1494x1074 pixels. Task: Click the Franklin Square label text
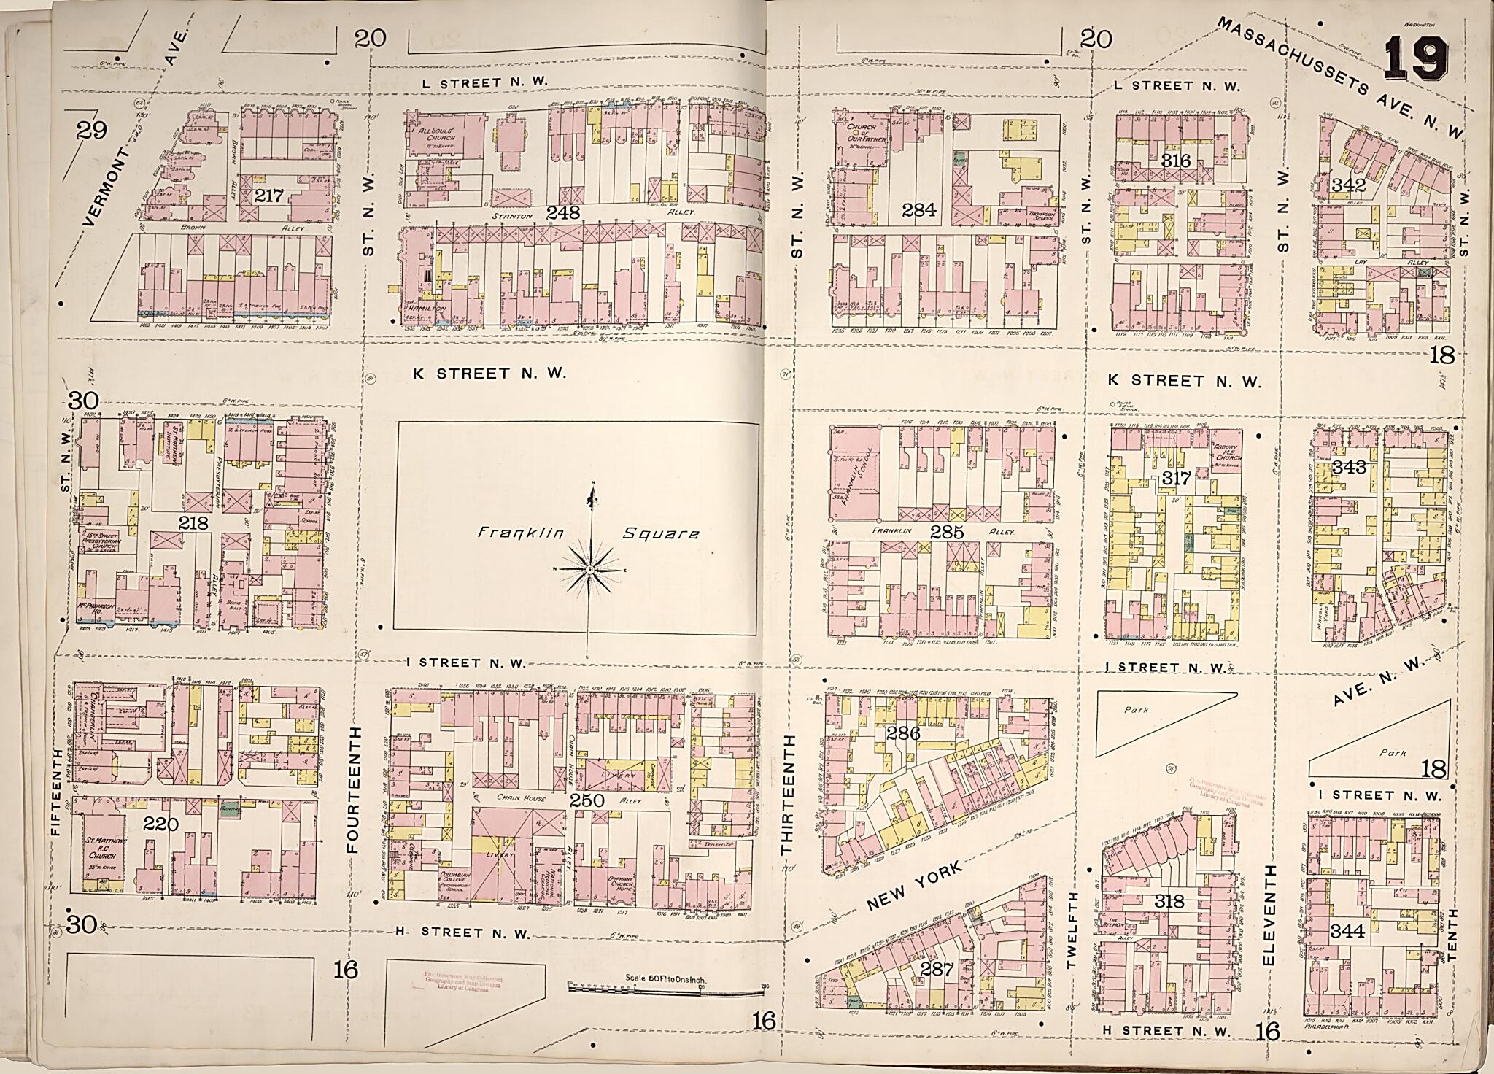coord(588,534)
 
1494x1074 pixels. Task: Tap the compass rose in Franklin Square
coord(588,568)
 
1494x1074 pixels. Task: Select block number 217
coord(270,196)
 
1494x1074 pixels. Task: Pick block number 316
coord(1176,161)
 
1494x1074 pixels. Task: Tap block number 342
coord(1348,185)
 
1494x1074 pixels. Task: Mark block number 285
coord(948,533)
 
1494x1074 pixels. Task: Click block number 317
coord(1176,479)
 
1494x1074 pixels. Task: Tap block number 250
coord(587,800)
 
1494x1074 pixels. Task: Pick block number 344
coord(1347,930)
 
